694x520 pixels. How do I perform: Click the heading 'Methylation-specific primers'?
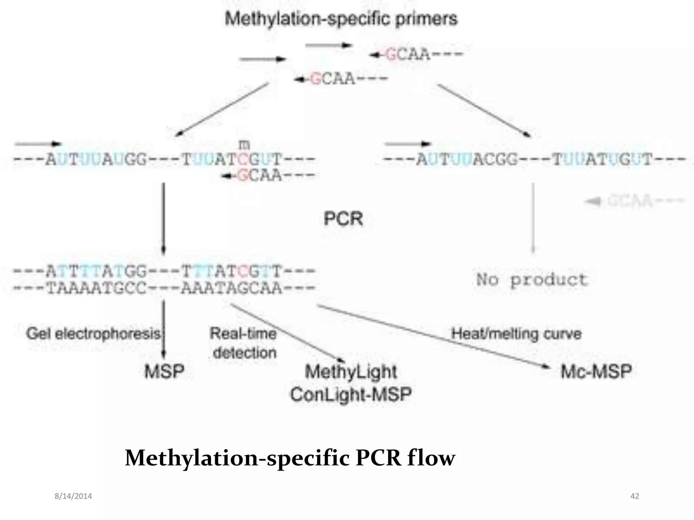tap(341, 19)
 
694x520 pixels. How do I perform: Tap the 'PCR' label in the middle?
tap(343, 219)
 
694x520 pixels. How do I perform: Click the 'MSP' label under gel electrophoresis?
tap(164, 371)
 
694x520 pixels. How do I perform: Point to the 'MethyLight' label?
tap(351, 372)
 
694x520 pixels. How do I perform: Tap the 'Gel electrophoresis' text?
tap(94, 334)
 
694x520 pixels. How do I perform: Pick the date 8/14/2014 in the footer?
tap(73, 496)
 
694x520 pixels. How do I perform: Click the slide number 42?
tap(635, 496)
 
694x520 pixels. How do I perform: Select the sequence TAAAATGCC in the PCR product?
tap(96, 288)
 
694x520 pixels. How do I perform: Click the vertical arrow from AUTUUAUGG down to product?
tap(163, 218)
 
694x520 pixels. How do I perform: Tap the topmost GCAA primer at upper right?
tap(416, 54)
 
